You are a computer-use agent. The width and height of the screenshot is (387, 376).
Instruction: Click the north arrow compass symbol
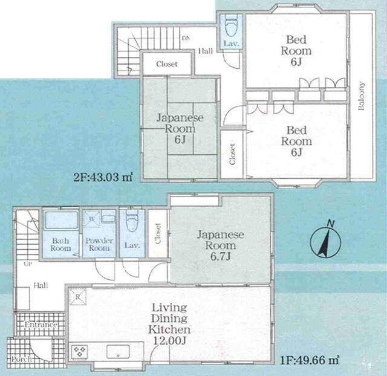click(x=326, y=241)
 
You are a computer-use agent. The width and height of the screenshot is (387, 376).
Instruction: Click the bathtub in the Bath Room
click(x=61, y=220)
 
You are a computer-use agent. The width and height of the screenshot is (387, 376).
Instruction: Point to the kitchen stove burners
click(x=80, y=351)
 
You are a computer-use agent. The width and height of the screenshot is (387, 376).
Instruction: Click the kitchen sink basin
click(x=118, y=351)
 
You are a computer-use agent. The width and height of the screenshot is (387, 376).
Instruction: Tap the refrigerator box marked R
click(x=77, y=297)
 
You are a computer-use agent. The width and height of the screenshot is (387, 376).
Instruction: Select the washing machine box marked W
click(x=91, y=219)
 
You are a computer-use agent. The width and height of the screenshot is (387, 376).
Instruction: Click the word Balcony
click(x=361, y=96)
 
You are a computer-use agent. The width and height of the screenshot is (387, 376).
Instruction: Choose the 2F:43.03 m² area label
click(x=103, y=177)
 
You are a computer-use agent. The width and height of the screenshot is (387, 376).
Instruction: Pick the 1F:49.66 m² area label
click(x=310, y=360)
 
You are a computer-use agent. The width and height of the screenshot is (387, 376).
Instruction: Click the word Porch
click(x=22, y=358)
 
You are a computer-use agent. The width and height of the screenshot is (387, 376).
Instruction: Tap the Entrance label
click(x=41, y=325)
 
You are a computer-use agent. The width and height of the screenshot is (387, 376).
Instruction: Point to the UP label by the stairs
click(x=28, y=264)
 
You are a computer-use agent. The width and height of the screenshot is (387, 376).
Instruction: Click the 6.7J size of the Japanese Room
click(x=220, y=256)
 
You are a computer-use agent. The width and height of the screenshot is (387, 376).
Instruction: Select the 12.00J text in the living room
click(x=169, y=341)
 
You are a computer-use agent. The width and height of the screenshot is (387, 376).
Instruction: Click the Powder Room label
click(x=99, y=244)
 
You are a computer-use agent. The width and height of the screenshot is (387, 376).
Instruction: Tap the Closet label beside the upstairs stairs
click(x=167, y=64)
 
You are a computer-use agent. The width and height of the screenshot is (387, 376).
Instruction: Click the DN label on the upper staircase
click(x=185, y=38)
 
